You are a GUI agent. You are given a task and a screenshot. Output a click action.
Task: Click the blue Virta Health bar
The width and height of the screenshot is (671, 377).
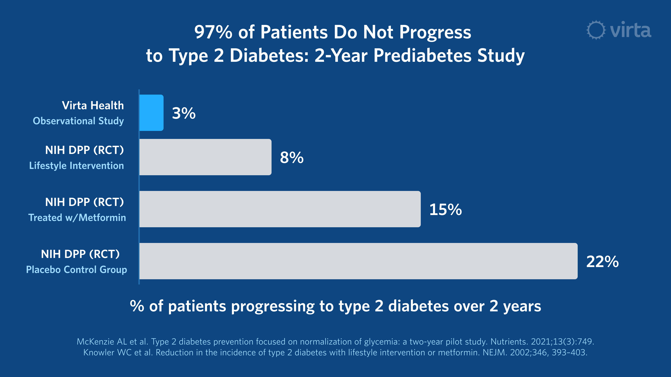[x=151, y=113]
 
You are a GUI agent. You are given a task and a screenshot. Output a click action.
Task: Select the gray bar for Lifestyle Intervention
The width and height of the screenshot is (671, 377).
[x=205, y=157]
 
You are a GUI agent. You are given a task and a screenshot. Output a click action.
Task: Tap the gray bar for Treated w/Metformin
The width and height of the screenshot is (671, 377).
[x=280, y=209]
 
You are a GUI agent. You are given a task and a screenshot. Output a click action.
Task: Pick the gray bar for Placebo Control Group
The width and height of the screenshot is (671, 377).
[x=358, y=261]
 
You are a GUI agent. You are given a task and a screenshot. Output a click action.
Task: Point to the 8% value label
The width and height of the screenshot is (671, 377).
[x=292, y=158]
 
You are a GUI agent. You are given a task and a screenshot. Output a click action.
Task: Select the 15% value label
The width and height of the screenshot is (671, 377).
[x=445, y=210]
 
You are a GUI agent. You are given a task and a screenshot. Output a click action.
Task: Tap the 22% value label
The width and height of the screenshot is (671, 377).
[x=602, y=262]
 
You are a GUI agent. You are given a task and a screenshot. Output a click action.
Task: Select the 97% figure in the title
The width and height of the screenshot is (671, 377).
[x=213, y=32]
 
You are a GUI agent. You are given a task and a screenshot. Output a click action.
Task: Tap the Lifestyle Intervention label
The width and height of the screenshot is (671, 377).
[x=77, y=166]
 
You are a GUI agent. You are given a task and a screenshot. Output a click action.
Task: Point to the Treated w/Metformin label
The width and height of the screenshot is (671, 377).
[x=77, y=217]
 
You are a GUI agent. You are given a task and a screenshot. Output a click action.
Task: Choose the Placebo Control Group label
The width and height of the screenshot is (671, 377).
[x=77, y=269]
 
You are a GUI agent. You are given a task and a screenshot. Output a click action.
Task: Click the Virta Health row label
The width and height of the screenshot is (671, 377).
[x=93, y=106]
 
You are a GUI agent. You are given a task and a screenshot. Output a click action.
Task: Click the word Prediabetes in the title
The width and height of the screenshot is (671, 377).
[x=422, y=56]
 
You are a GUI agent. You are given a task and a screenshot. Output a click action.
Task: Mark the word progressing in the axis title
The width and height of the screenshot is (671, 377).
[x=273, y=306]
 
